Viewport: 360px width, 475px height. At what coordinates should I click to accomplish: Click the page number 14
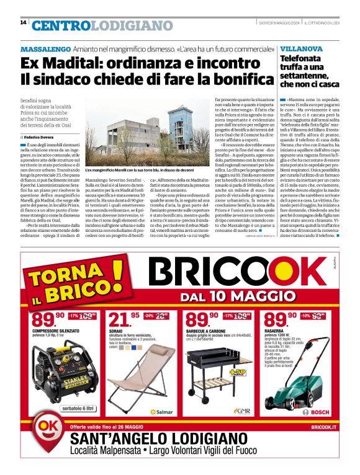point(23,23)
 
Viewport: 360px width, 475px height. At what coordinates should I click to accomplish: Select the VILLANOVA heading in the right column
point(301,48)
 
